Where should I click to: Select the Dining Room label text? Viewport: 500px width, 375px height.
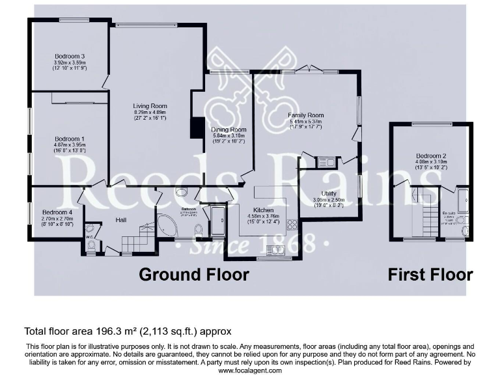click(x=229, y=130)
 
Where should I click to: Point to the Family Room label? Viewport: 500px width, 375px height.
click(x=306, y=115)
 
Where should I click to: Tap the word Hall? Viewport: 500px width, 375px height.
click(x=121, y=220)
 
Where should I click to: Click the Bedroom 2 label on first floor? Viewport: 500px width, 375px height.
click(x=430, y=156)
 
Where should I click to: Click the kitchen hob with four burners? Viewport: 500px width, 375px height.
click(x=292, y=225)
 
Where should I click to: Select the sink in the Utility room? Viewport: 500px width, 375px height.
click(x=325, y=161)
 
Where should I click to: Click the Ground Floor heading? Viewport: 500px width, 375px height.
click(x=193, y=274)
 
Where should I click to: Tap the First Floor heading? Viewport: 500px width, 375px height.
click(x=430, y=274)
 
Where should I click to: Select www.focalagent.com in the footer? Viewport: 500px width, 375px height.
click(x=249, y=370)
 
